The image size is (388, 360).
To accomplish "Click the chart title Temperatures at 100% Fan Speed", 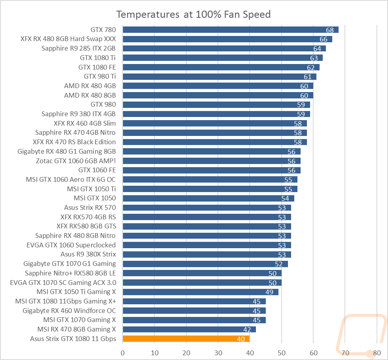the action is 193,15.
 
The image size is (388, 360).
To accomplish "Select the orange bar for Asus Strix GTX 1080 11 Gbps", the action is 186,339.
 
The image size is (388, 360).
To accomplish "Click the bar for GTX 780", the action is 231,30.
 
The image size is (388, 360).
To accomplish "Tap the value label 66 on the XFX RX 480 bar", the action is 324,39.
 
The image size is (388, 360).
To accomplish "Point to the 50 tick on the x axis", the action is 281,353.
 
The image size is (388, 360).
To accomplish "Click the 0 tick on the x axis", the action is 123,353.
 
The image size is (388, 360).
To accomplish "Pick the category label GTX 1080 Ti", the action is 98,58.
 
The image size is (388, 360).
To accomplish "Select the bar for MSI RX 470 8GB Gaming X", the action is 189,329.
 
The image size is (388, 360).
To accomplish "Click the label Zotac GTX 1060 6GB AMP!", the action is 76,161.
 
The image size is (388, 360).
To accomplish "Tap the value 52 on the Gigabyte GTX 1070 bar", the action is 278,264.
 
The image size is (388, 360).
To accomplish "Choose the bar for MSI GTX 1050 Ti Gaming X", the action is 201,292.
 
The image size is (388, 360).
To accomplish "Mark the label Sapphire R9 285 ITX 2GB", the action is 78,48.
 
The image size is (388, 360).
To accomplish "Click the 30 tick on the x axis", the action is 218,353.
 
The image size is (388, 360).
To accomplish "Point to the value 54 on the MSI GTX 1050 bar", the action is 285,198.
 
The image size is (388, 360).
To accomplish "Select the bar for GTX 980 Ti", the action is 220,77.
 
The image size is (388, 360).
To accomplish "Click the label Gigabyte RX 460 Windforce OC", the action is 69,311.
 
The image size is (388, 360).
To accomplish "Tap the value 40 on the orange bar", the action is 241,339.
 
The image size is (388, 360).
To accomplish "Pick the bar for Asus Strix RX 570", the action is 207,208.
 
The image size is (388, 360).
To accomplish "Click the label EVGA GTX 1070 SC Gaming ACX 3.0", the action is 63,283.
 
